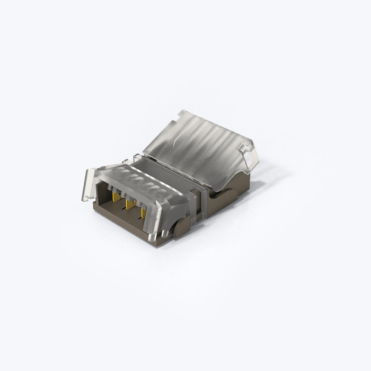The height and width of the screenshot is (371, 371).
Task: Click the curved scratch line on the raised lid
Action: pos(183,139)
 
